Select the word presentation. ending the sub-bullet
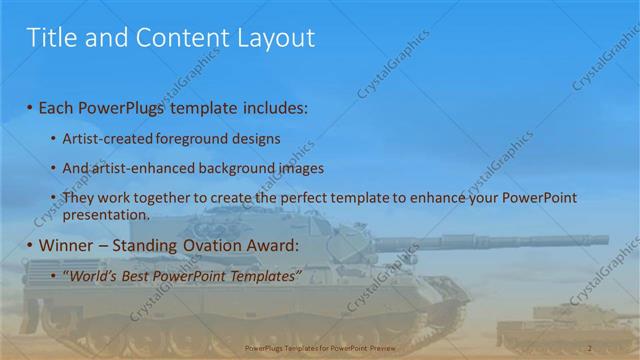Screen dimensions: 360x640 coord(106,213)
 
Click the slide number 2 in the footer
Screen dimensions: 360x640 coord(590,347)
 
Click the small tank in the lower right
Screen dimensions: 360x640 coord(560,325)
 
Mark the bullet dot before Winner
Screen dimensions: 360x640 coord(30,245)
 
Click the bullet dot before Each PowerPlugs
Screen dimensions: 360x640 coord(30,108)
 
